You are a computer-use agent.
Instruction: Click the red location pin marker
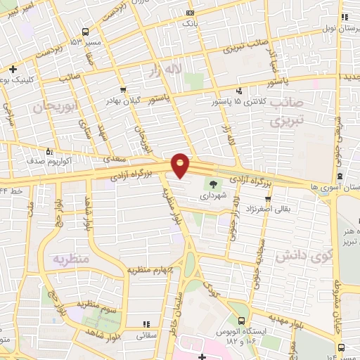coord(181,164)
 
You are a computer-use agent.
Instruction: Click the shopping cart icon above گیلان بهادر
coord(123,89)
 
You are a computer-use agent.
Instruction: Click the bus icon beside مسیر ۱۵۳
coord(85,32)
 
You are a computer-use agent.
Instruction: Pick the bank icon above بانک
coord(189,13)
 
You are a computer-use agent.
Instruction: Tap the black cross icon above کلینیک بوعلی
coord(13,69)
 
